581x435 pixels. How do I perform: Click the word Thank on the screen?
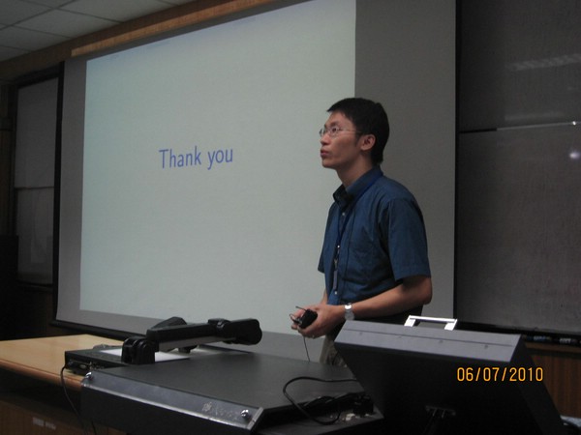coord(180,158)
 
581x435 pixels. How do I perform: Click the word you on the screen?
coord(220,158)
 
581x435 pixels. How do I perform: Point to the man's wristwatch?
coord(349,312)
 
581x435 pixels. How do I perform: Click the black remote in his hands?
coord(305,318)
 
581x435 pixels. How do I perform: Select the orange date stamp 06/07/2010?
coord(500,374)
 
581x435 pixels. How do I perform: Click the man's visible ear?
coord(368,142)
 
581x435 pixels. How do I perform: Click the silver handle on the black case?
coord(431,322)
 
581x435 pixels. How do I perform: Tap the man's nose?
coord(322,141)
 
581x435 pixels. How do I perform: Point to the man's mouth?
coord(324,153)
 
